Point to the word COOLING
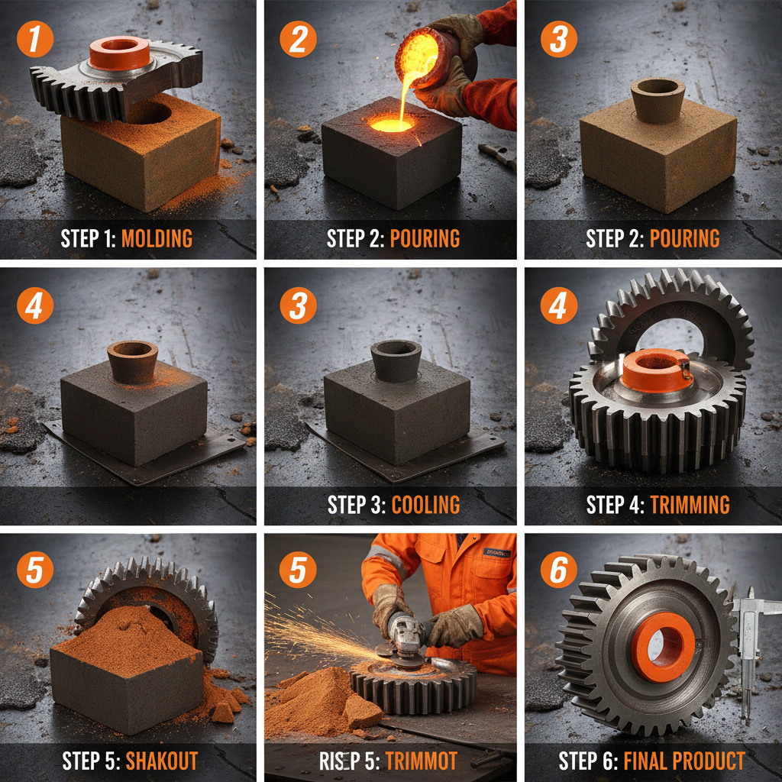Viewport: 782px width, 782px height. tap(425, 505)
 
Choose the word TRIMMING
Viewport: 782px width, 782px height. tap(690, 505)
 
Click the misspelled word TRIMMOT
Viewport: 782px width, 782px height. tap(422, 761)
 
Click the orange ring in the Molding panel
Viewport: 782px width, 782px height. tap(119, 52)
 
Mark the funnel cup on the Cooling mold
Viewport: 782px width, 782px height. tap(395, 360)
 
